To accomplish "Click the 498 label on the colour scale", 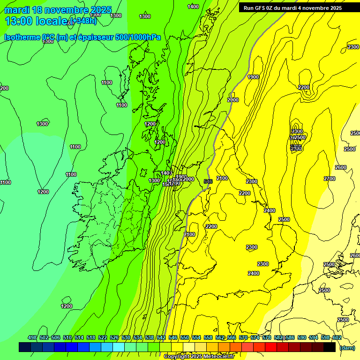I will pyautogui.click(x=32, y=337).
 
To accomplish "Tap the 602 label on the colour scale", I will pyautogui.click(x=337, y=337).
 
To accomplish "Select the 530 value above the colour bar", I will pyautogui.click(x=126, y=337).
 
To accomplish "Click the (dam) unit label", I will pyautogui.click(x=347, y=348).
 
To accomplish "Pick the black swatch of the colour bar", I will pyautogui.click(x=330, y=347).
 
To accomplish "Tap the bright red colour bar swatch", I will pyautogui.click(x=271, y=347).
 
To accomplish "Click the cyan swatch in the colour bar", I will pyautogui.click(x=119, y=347).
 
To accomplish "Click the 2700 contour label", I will pyautogui.click(x=330, y=179).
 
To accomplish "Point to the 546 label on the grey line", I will pyautogui.click(x=209, y=181).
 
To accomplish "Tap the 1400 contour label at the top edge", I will pyautogui.click(x=193, y=7).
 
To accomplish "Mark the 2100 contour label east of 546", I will pyautogui.click(x=222, y=178).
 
